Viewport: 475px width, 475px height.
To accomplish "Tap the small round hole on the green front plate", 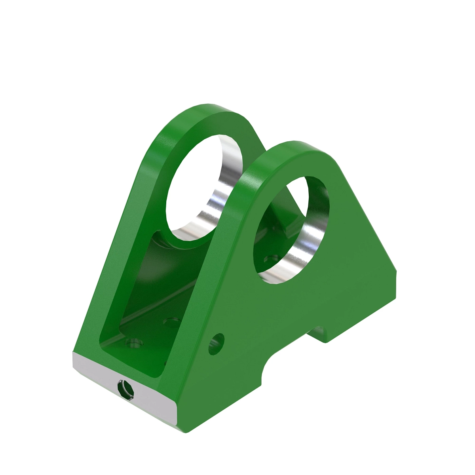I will coord(217,343).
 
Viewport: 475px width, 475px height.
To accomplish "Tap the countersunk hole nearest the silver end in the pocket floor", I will coord(134,342).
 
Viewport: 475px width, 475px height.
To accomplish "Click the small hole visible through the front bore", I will coord(271,259).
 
